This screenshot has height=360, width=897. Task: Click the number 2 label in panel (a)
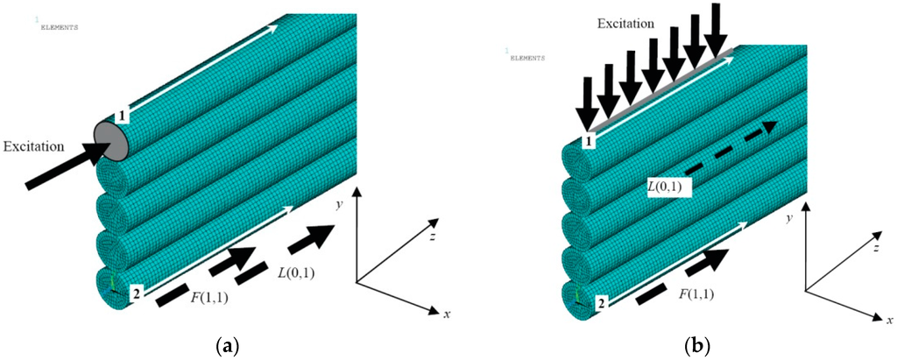137,293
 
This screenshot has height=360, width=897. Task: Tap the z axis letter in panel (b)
876,249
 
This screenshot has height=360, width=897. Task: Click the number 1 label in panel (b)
590,140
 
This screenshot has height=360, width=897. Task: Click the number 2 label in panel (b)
599,304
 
